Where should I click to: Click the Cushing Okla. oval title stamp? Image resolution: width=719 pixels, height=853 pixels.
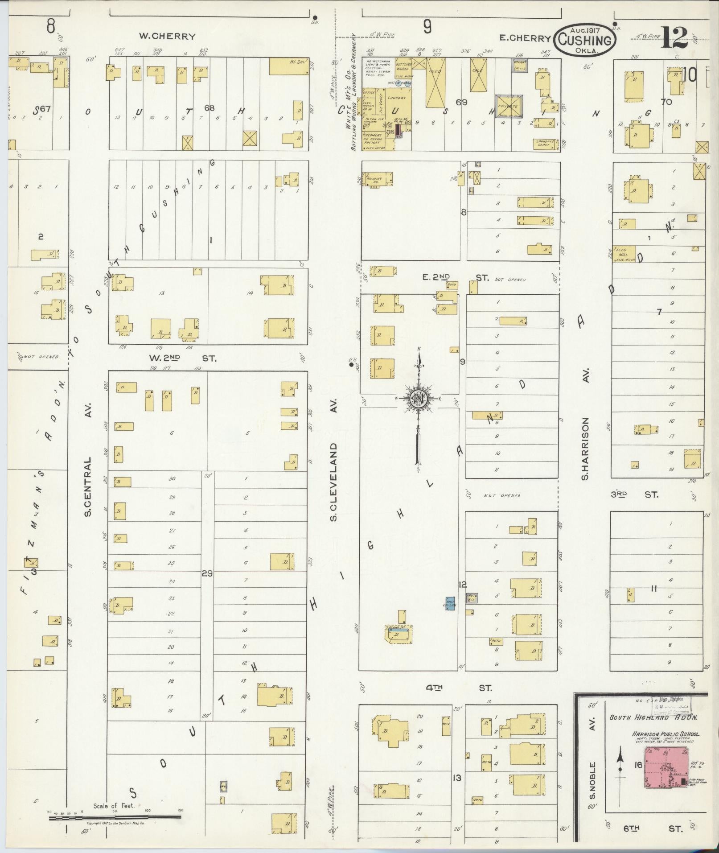tap(585, 40)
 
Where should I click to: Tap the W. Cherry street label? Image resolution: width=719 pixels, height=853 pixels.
tap(167, 37)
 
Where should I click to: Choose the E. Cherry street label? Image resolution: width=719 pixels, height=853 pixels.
tap(525, 38)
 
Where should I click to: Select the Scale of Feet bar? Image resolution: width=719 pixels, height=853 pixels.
tap(115, 817)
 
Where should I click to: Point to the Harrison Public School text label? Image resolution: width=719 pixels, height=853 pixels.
tap(665, 734)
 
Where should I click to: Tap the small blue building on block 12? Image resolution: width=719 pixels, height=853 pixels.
tap(450, 603)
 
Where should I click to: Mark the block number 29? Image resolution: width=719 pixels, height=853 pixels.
tap(207, 573)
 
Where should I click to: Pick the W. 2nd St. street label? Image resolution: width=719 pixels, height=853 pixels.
tap(182, 358)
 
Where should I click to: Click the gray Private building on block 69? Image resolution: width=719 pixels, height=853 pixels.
tap(509, 106)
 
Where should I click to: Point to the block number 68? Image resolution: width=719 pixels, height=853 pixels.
tap(209, 108)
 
